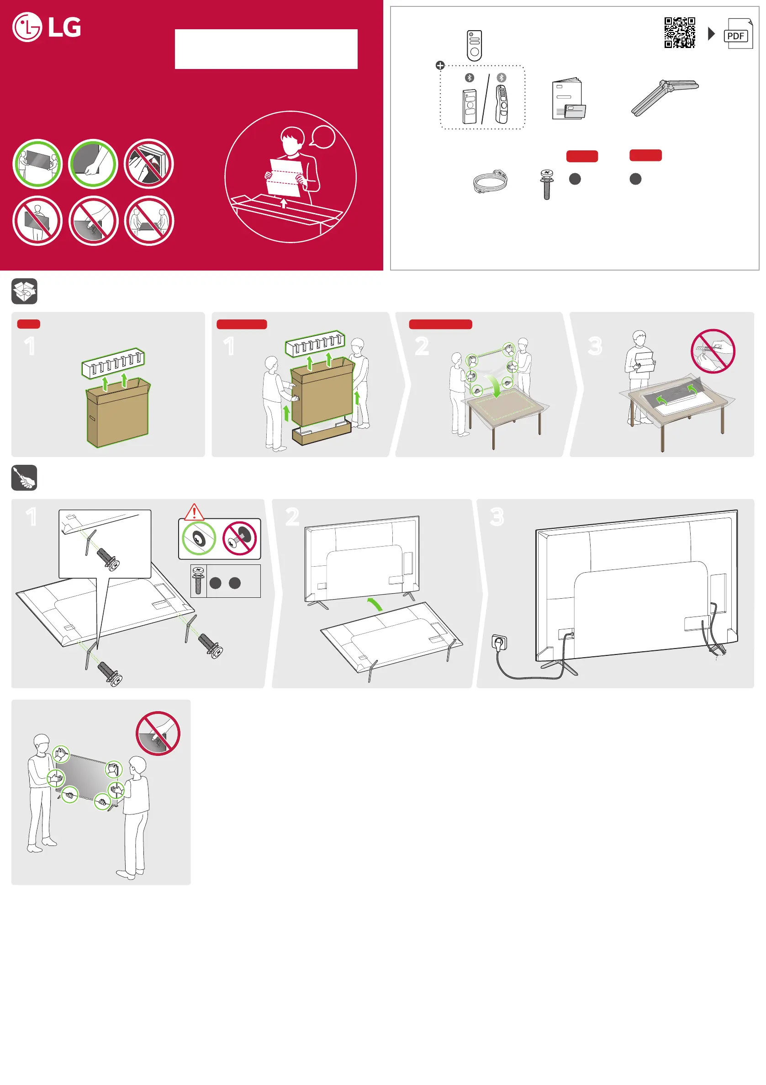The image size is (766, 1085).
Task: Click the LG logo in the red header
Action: [47, 27]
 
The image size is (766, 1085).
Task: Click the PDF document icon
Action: [738, 34]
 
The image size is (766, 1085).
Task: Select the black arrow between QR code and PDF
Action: [711, 33]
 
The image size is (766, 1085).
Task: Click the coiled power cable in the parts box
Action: [490, 181]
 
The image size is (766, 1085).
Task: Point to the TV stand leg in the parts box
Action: [665, 98]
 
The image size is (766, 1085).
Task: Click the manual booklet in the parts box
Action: [568, 99]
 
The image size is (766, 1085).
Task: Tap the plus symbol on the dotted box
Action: [440, 65]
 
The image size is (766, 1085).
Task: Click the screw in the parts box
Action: [546, 184]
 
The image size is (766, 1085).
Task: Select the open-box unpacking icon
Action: [25, 291]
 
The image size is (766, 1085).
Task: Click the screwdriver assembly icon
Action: [24, 477]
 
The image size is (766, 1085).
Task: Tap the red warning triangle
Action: [194, 512]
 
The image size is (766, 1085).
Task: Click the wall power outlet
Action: [499, 643]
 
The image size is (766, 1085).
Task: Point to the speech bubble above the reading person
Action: [322, 138]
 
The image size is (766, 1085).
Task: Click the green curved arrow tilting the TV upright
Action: [375, 604]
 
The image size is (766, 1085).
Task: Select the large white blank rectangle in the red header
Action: [266, 49]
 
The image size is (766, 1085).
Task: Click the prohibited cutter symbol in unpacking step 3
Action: [713, 351]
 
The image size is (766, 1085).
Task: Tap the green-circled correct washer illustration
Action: [199, 538]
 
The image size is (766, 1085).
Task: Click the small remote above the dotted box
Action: [474, 45]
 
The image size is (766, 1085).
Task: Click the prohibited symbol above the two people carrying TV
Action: [158, 734]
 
